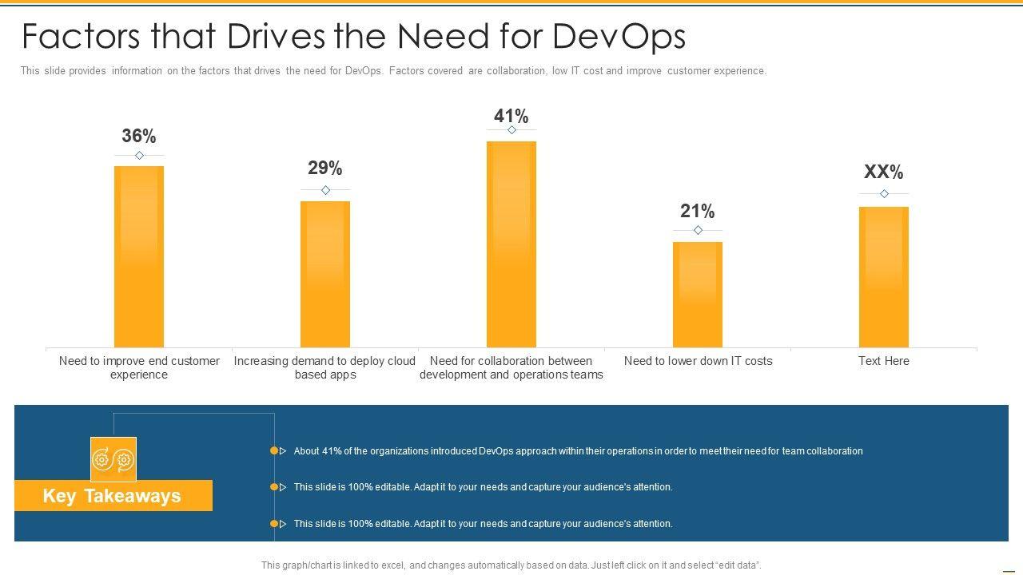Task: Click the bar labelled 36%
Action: coord(139,256)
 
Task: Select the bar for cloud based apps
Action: coord(325,273)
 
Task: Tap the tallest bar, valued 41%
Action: coord(511,244)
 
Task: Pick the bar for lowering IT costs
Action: coord(698,294)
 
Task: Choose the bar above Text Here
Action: coord(884,276)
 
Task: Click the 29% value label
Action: coord(325,169)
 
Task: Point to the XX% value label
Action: coord(884,172)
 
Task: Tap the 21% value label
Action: coord(698,212)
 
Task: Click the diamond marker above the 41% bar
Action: coord(511,129)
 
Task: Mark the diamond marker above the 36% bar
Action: coord(139,155)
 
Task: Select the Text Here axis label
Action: coord(884,361)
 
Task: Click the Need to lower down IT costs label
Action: coord(698,361)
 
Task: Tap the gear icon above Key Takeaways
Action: coord(113,459)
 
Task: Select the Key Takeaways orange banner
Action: coord(113,496)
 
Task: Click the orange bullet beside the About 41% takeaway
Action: coord(274,451)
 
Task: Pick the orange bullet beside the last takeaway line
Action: coord(274,524)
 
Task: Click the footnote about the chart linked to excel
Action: coord(511,565)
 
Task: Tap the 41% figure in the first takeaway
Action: coord(332,451)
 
